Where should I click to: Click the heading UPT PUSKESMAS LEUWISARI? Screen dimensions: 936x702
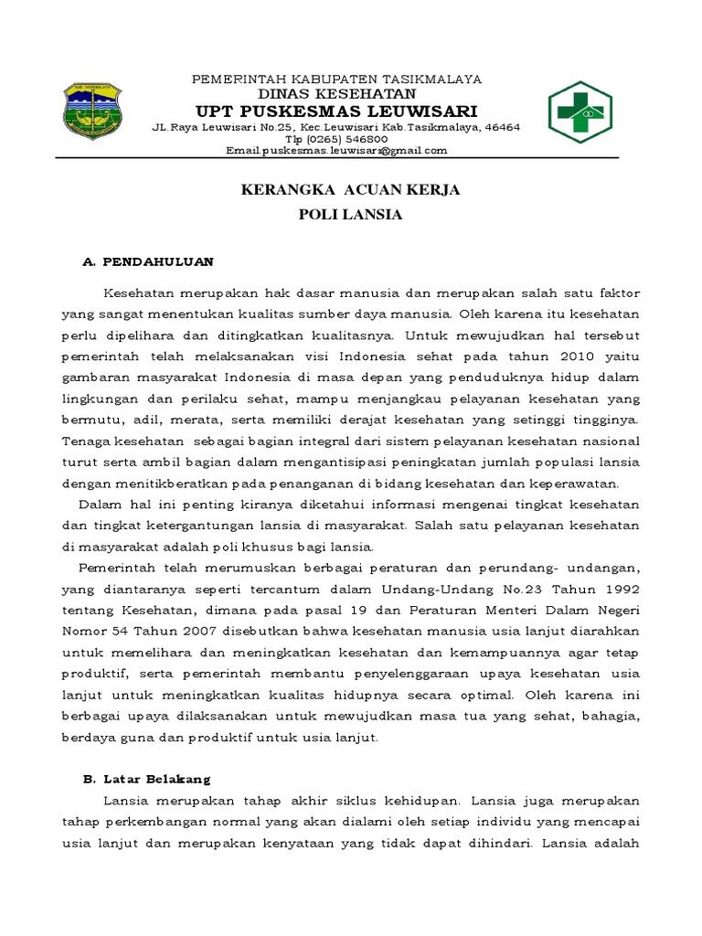click(x=336, y=111)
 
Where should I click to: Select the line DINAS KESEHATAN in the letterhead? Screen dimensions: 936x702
click(x=336, y=94)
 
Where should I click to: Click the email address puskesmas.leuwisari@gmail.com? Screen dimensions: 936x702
click(x=336, y=151)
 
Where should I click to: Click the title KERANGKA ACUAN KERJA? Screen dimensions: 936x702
click(x=350, y=190)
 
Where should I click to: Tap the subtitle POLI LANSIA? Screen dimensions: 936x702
click(x=350, y=216)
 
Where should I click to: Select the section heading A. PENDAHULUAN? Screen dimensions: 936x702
click(x=148, y=261)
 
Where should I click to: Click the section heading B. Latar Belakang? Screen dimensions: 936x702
click(x=146, y=779)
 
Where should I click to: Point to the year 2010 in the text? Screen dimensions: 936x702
click(x=559, y=356)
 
